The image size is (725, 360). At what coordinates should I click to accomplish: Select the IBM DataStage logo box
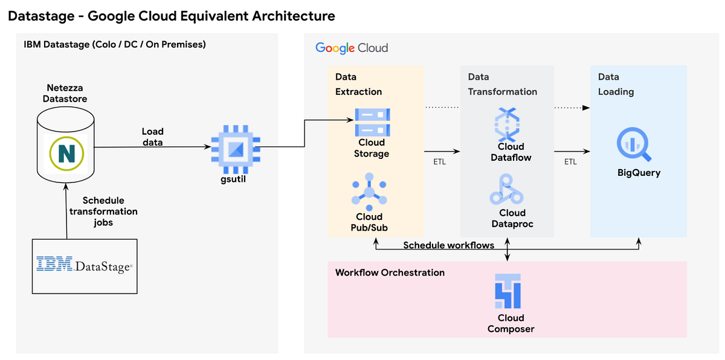click(x=84, y=265)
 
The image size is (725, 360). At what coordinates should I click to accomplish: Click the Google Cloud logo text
click(x=352, y=48)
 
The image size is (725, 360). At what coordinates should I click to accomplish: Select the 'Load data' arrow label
click(x=152, y=137)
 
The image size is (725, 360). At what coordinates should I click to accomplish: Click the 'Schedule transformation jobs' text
click(x=103, y=211)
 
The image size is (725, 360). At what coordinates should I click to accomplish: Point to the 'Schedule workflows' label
click(x=448, y=245)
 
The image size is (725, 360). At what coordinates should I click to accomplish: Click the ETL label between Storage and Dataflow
click(x=439, y=162)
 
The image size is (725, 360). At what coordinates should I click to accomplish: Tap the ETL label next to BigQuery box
click(x=570, y=162)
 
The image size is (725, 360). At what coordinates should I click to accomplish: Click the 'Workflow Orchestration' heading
click(x=390, y=272)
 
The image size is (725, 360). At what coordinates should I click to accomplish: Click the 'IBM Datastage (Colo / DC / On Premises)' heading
click(x=114, y=44)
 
